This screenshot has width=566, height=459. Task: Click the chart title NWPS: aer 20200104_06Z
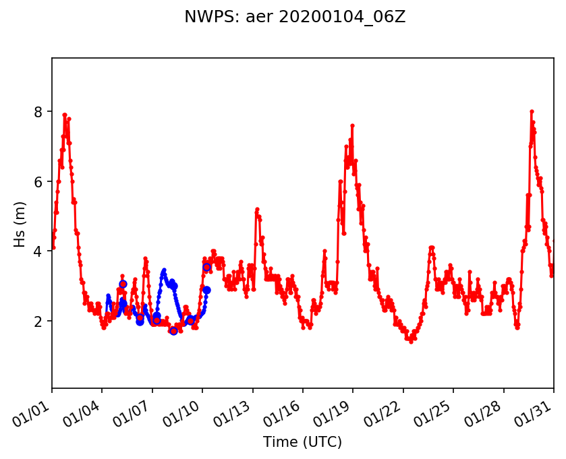tap(295, 18)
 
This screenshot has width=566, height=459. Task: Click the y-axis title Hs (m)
tap(20, 223)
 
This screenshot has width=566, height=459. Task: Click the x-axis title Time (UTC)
tap(302, 442)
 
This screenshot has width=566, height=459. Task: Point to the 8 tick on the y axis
tap(38, 112)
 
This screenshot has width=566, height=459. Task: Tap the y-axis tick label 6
tap(38, 182)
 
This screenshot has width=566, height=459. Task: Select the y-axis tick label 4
tap(38, 251)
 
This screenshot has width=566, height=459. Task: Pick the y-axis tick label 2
tap(38, 322)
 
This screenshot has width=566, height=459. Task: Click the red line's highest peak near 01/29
tap(532, 111)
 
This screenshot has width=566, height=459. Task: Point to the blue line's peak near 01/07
tap(164, 270)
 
